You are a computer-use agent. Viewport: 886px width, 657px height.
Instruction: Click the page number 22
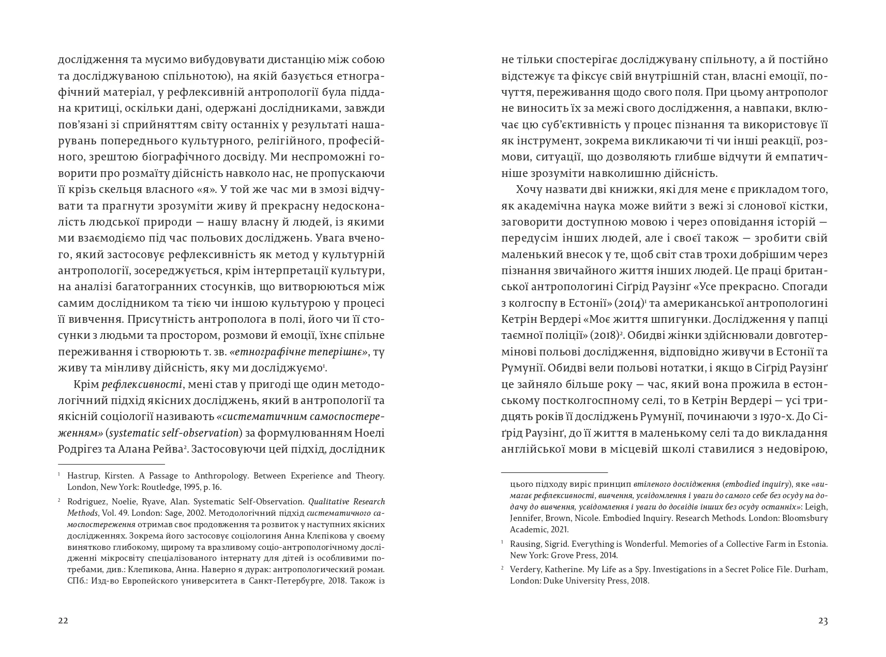(x=63, y=621)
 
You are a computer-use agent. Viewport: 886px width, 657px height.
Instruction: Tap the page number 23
(x=823, y=621)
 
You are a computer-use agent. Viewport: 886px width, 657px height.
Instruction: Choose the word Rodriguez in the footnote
(x=87, y=502)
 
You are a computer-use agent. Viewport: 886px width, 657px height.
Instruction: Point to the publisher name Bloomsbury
(x=804, y=518)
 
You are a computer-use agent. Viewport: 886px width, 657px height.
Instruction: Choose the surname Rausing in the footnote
(x=526, y=544)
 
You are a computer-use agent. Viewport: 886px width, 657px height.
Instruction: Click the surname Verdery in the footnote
(x=527, y=570)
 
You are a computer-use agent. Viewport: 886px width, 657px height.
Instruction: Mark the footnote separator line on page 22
(x=111, y=464)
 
